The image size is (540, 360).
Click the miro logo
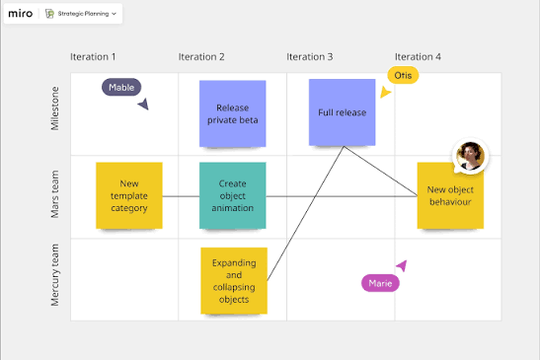click(x=21, y=14)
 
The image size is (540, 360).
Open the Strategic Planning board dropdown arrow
click(x=114, y=14)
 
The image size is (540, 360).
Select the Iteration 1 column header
click(x=93, y=57)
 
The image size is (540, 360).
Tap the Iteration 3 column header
click(x=310, y=57)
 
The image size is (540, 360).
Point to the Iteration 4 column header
click(x=418, y=57)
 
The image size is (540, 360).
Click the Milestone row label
click(x=54, y=108)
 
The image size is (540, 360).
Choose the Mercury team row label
click(x=54, y=275)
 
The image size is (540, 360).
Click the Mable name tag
click(x=121, y=87)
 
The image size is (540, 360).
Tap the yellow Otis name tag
click(x=403, y=75)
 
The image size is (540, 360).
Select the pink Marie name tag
click(x=380, y=283)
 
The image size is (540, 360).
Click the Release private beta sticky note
click(x=232, y=113)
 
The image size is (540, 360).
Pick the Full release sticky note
click(x=342, y=112)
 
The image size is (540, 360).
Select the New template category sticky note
click(x=129, y=195)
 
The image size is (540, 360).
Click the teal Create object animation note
click(x=232, y=195)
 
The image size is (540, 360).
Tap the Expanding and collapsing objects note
click(x=234, y=281)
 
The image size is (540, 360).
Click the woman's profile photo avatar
click(x=470, y=156)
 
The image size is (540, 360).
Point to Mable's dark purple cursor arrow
click(x=143, y=104)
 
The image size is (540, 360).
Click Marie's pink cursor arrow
click(x=402, y=265)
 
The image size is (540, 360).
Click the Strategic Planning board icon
click(x=50, y=14)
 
